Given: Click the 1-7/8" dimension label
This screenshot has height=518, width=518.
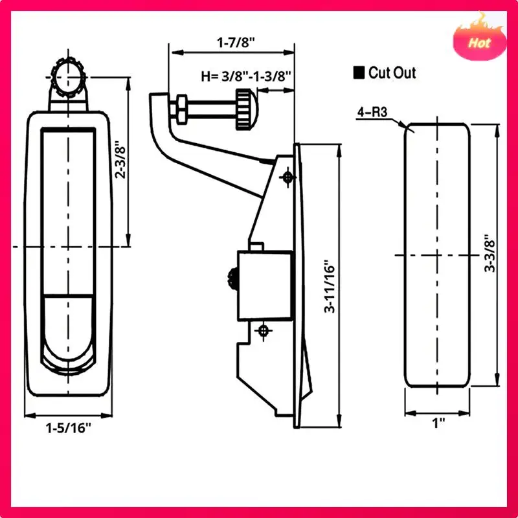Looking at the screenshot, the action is coord(236,43).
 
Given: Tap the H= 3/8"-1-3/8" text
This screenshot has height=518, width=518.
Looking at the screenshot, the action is coord(246,76).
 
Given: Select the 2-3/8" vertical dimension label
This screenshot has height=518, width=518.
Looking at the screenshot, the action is coord(120,160).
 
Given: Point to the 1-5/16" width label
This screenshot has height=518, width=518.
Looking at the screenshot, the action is coord(68,428).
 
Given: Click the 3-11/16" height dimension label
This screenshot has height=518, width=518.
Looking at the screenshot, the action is coord(330,288).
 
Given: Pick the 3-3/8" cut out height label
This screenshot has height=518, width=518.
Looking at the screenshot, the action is coord(490,254).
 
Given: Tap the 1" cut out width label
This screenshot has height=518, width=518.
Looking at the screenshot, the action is coord(438,423).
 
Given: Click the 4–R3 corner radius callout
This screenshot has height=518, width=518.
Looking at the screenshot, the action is coord(372,112).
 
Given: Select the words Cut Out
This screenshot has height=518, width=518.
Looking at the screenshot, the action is coord(392,73).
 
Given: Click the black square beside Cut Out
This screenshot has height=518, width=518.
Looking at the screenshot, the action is coord(359,73).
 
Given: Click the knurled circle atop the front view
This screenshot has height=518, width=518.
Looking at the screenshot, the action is coord(69,77).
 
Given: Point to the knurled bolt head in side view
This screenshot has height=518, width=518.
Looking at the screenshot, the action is coord(247,109).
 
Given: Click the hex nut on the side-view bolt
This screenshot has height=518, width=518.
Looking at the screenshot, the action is coord(181,109).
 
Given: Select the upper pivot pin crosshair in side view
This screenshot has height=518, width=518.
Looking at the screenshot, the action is coord(287,177).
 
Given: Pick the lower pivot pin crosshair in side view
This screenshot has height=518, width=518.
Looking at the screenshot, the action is coord(264,331).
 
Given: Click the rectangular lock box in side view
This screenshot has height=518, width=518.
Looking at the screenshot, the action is coord(265,286).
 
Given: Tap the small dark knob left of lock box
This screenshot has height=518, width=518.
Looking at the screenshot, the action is coord(232,278).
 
